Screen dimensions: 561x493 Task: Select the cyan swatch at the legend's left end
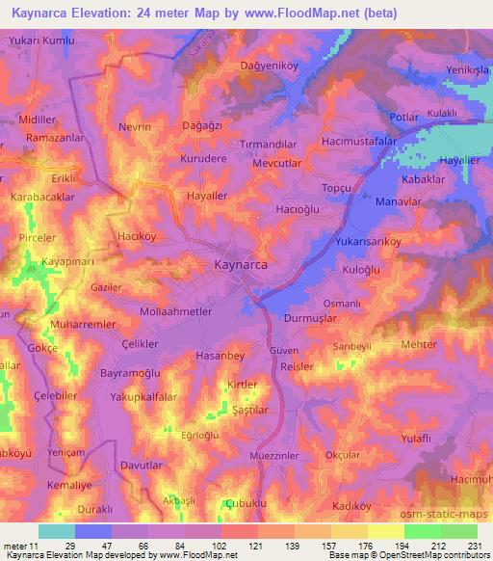[57, 531]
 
